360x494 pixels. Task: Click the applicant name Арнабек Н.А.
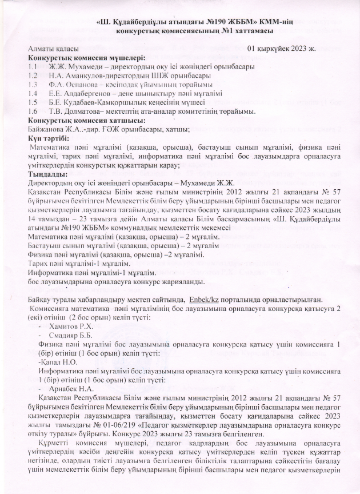[x=73, y=388]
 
